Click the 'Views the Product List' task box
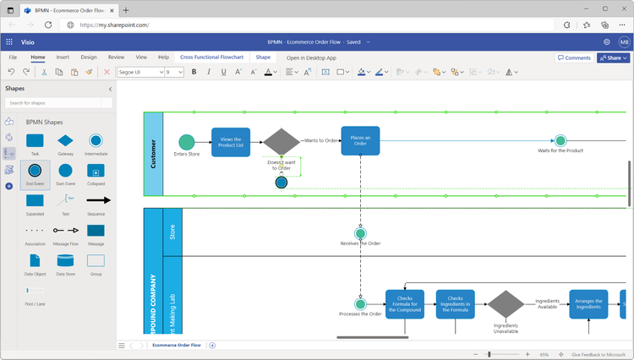pos(231,142)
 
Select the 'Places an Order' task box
pos(360,141)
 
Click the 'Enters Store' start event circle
pos(187,142)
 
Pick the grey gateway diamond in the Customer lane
pos(281,141)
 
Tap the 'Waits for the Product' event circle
pos(560,140)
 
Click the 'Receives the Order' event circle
pos(361,233)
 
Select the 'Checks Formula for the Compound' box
pos(405,304)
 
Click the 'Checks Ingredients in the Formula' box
pos(456,304)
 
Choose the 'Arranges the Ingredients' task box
pos(588,304)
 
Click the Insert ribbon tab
pos(63,57)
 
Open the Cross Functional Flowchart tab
pos(211,57)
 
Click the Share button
pos(613,58)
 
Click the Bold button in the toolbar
pos(194,73)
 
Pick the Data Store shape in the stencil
pos(65,261)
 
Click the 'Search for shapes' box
pos(58,103)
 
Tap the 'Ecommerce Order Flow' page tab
pos(177,345)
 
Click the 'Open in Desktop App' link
pos(311,58)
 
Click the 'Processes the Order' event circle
pos(361,304)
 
